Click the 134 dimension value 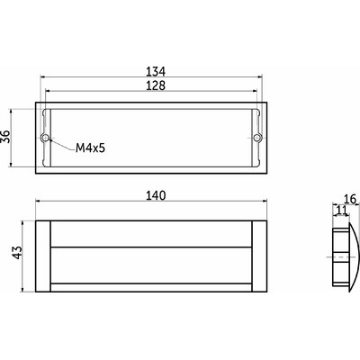pos(156,71)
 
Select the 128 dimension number pos(156,85)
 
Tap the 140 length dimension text pos(156,195)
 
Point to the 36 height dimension pos(6,137)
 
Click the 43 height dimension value pos(17,252)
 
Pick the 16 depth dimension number pos(350,199)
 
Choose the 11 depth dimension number pos(341,210)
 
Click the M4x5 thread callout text pos(90,148)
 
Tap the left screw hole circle pos(45,138)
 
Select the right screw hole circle pos(256,138)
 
